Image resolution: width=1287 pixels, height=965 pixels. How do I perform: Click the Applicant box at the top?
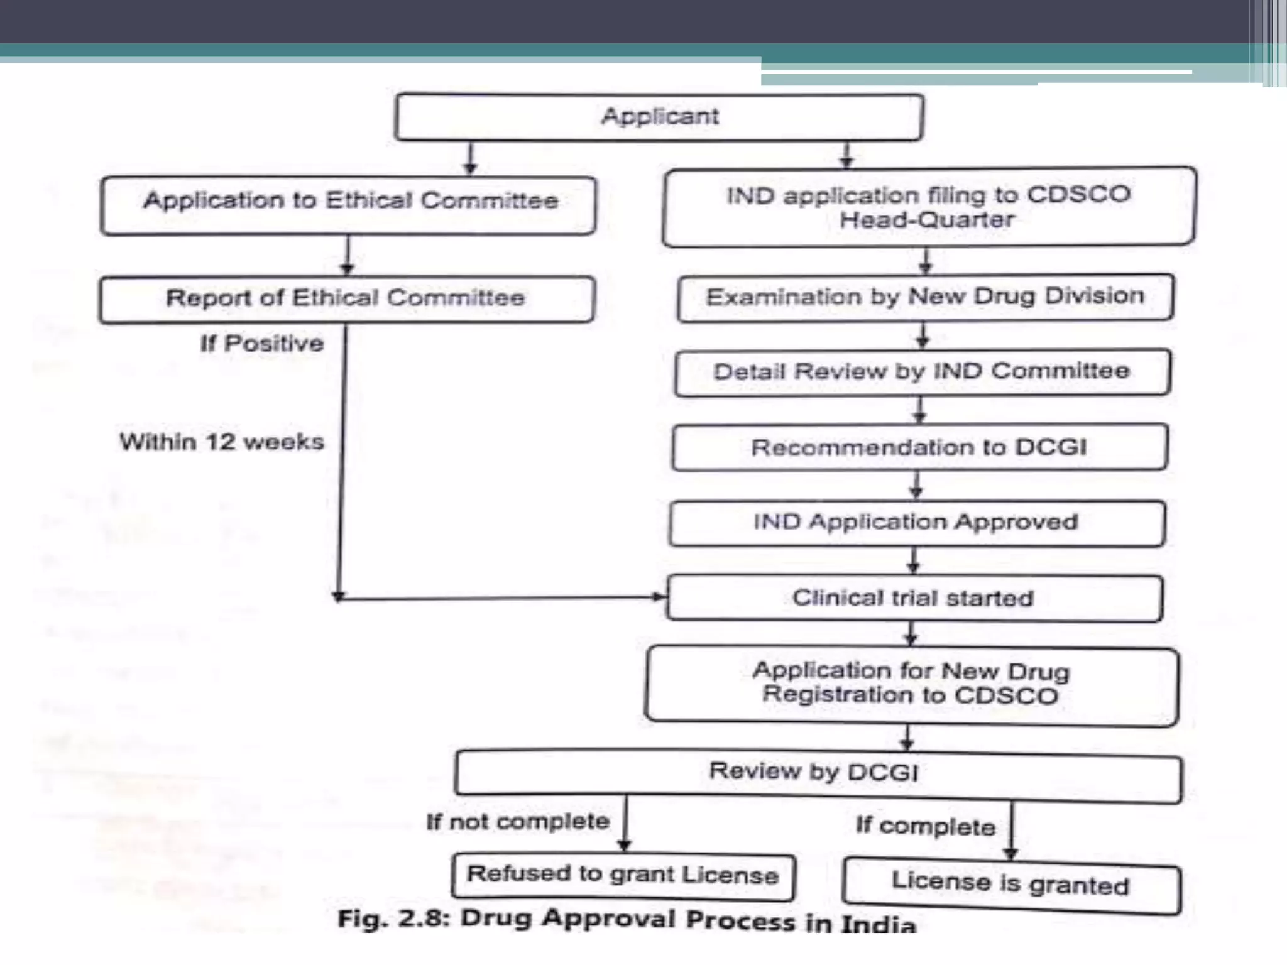click(x=659, y=117)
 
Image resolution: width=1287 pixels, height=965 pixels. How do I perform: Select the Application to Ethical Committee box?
click(x=348, y=205)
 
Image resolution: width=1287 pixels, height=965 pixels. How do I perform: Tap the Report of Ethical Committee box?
click(x=346, y=299)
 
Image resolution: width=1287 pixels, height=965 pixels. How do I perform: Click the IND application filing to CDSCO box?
click(x=929, y=207)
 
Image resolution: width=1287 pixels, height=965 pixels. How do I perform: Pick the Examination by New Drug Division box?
click(x=925, y=297)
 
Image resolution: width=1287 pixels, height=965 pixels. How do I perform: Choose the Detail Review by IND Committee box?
click(x=923, y=372)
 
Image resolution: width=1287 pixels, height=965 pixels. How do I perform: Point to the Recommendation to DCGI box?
click(x=919, y=447)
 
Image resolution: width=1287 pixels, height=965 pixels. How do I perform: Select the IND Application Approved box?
click(x=917, y=523)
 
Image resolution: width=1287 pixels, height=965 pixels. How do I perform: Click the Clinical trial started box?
click(x=914, y=598)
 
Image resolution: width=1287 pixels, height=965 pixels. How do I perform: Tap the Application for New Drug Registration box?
click(x=912, y=685)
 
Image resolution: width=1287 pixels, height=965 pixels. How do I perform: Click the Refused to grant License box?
click(x=623, y=875)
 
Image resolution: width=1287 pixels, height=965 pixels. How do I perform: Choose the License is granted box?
click(x=1011, y=885)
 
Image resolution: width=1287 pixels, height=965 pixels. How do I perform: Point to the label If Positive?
click(x=262, y=344)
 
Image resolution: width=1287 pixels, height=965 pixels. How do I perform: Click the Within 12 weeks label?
click(x=222, y=442)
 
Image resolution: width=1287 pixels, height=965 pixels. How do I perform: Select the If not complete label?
click(x=518, y=822)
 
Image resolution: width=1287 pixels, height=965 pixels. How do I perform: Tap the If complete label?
click(x=926, y=827)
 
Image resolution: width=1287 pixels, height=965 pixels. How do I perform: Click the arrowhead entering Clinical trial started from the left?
click(x=660, y=597)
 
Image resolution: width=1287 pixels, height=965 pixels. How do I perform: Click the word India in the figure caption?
click(x=879, y=924)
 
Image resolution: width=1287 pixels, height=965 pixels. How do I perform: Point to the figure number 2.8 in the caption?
click(x=426, y=919)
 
